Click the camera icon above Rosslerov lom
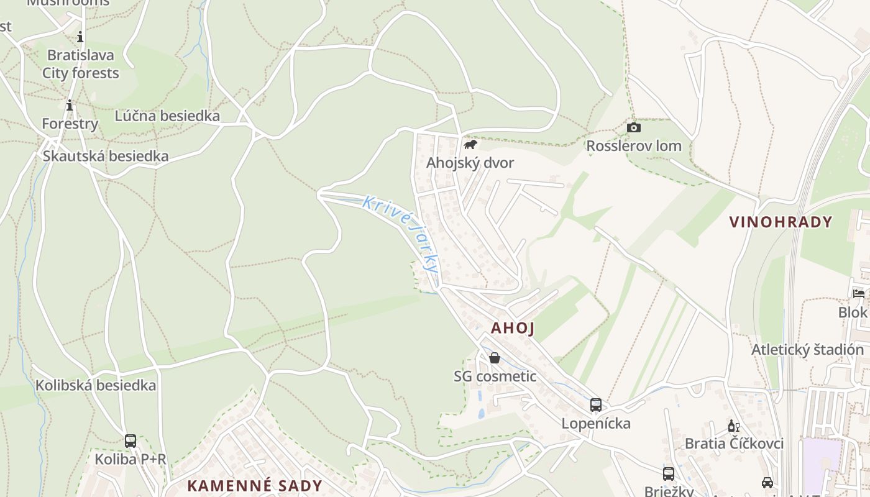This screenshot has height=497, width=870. pyautogui.click(x=634, y=128)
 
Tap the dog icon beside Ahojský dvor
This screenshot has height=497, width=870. pyautogui.click(x=470, y=145)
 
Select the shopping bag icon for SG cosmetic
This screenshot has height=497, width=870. pyautogui.click(x=495, y=358)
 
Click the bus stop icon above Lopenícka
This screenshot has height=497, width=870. pyautogui.click(x=596, y=405)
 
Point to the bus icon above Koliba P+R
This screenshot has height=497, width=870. pyautogui.click(x=130, y=441)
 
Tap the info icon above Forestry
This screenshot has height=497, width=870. pyautogui.click(x=70, y=106)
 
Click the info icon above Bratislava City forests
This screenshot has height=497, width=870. pyautogui.click(x=80, y=37)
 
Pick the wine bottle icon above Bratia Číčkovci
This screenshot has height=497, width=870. pyautogui.click(x=733, y=426)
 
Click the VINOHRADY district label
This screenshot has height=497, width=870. pyautogui.click(x=781, y=222)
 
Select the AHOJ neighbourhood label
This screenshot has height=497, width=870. pyautogui.click(x=513, y=328)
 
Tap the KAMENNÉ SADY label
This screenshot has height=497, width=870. pyautogui.click(x=255, y=486)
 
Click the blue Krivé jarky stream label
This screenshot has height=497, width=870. pyautogui.click(x=401, y=233)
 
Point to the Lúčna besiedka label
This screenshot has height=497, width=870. pyautogui.click(x=167, y=116)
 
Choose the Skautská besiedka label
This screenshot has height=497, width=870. pyautogui.click(x=106, y=156)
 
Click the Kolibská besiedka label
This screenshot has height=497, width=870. pyautogui.click(x=96, y=385)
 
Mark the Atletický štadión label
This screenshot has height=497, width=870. pyautogui.click(x=807, y=350)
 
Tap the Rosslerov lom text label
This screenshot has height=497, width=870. pyautogui.click(x=634, y=146)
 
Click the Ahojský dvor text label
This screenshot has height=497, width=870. pyautogui.click(x=470, y=163)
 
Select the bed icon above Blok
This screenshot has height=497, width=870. pyautogui.click(x=859, y=294)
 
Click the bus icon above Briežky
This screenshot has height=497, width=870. pyautogui.click(x=669, y=474)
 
